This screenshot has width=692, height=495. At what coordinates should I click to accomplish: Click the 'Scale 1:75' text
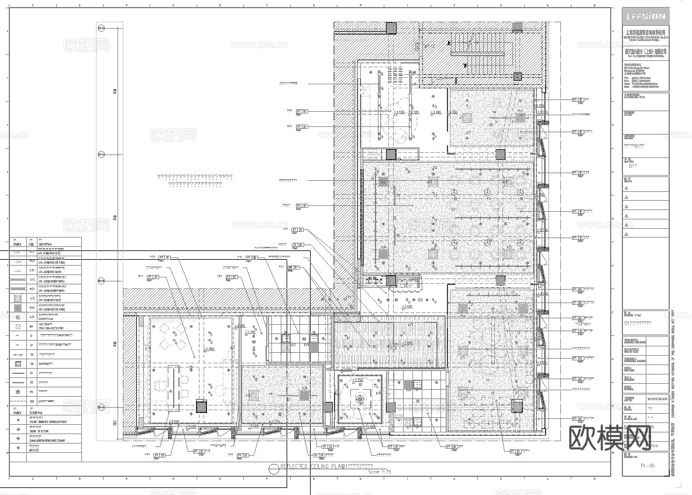pyautogui.click(x=379, y=471)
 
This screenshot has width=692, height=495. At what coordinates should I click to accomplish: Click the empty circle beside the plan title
pyautogui.click(x=273, y=468)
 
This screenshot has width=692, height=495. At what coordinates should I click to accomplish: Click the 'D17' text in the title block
pyautogui.click(x=632, y=166)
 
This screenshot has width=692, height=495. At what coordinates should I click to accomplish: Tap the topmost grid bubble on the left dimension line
pyautogui.click(x=101, y=27)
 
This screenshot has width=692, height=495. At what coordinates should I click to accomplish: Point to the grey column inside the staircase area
pyautogui.click(x=517, y=76)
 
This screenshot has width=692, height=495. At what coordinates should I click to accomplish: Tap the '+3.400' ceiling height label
pyautogui.click(x=208, y=349)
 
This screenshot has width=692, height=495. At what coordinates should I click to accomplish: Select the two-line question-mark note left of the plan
pyautogui.click(x=195, y=180)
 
